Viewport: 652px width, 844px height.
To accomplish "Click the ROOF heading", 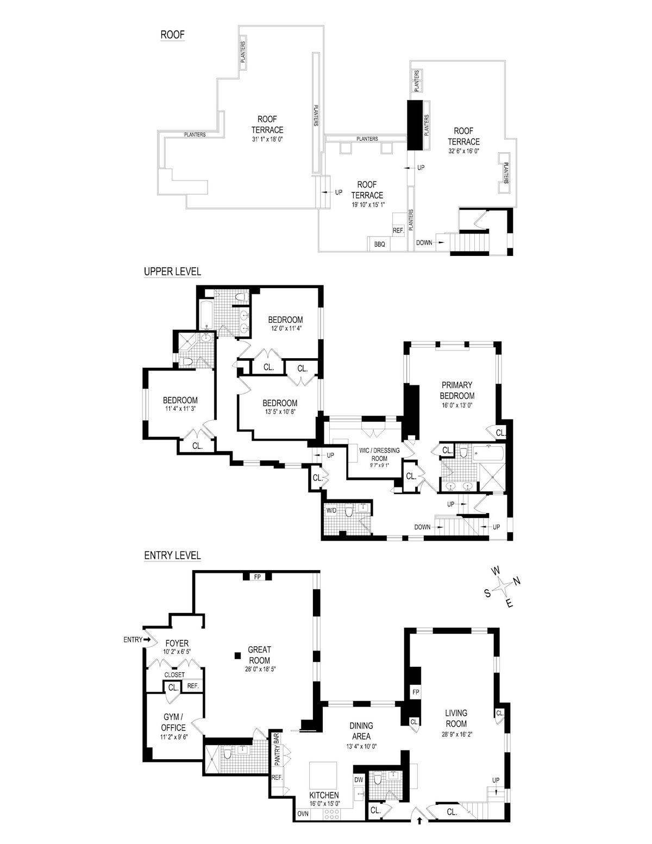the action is pyautogui.click(x=172, y=35).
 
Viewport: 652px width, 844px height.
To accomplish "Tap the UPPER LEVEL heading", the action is pyautogui.click(x=172, y=271).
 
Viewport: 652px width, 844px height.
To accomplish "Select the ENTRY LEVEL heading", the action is pyautogui.click(x=172, y=555).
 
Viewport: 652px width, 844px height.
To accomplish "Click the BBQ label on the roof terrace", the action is pyautogui.click(x=379, y=245).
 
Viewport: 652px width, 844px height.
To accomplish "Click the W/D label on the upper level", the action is pyautogui.click(x=331, y=510).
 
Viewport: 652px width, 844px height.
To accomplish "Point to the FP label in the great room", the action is pyautogui.click(x=257, y=577).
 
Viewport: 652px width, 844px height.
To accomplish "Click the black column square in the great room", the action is pyautogui.click(x=237, y=655).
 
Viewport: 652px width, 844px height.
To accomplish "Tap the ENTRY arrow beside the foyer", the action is pyautogui.click(x=147, y=639).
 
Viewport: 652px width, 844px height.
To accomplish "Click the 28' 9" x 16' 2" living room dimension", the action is pyautogui.click(x=456, y=734).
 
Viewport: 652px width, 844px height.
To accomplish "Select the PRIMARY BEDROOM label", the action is pyautogui.click(x=457, y=390).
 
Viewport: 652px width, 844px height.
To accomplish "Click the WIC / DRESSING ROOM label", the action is pyautogui.click(x=379, y=454).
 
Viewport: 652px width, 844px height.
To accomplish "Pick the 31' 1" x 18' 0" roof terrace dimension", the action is pyautogui.click(x=267, y=139).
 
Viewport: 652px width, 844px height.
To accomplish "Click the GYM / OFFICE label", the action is pyautogui.click(x=173, y=722).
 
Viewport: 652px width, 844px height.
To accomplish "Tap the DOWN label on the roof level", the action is pyautogui.click(x=424, y=242).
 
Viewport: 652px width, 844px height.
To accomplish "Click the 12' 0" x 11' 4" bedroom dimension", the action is pyautogui.click(x=285, y=328).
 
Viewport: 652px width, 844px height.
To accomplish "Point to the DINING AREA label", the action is pyautogui.click(x=361, y=730).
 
